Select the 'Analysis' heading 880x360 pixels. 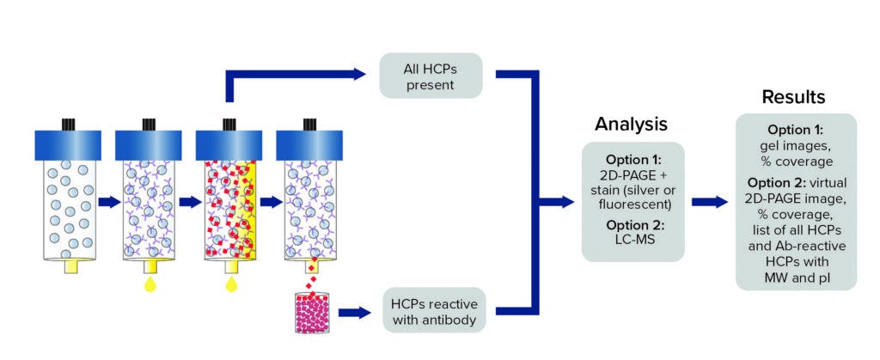[631, 124]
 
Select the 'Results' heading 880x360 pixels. [792, 97]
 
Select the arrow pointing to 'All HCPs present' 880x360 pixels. [361, 75]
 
